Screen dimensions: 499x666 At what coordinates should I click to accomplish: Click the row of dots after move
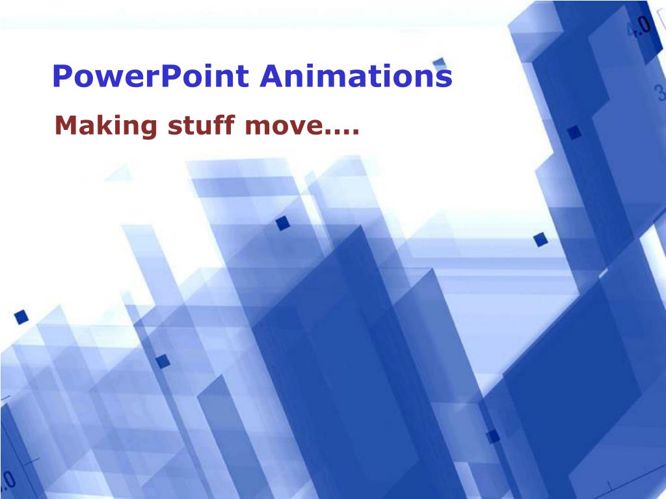(342, 132)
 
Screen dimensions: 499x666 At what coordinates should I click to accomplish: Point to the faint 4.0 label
(637, 27)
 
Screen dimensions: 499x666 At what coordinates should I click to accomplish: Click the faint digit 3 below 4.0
(660, 93)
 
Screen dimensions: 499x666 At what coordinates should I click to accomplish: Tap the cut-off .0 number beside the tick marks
(7, 481)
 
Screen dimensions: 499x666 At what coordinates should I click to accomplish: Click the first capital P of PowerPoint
(61, 77)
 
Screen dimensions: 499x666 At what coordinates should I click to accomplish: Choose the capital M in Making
(67, 125)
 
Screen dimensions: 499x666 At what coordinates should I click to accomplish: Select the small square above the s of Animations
(440, 62)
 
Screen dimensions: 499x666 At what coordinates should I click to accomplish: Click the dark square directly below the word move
(282, 224)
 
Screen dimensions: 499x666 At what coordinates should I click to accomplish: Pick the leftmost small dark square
(21, 317)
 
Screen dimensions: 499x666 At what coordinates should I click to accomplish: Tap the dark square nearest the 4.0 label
(574, 133)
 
